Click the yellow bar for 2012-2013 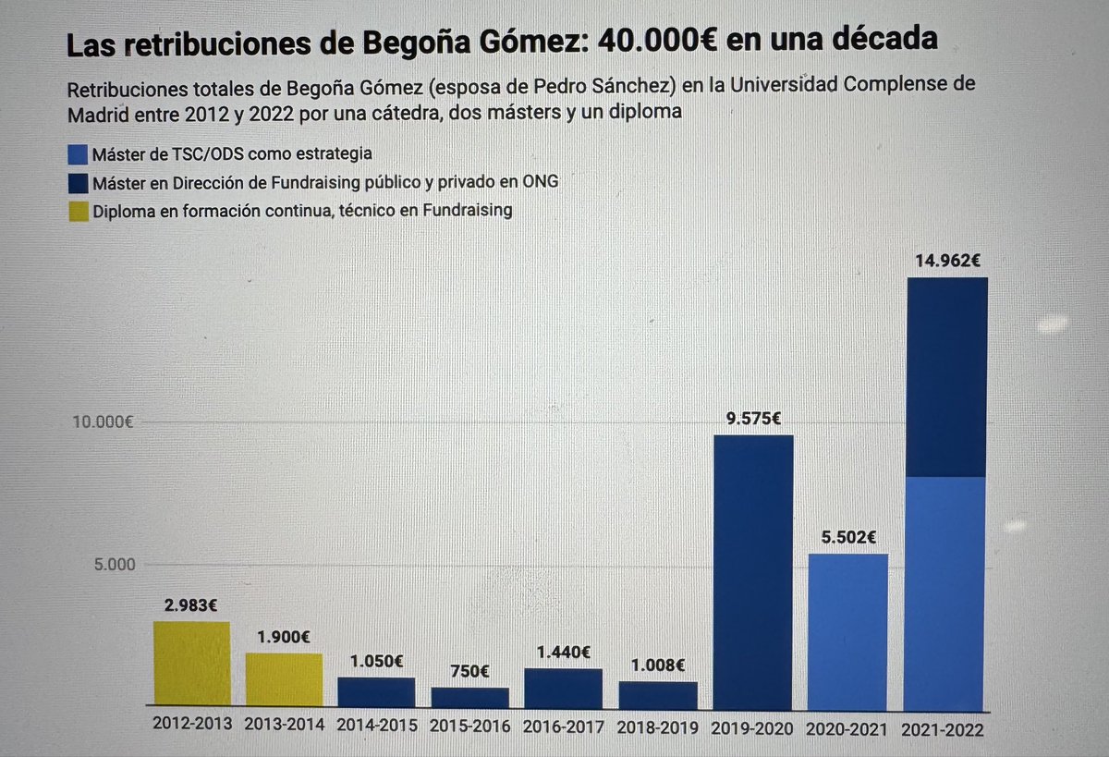tap(191, 665)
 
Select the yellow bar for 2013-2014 tap(284, 681)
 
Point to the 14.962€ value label tap(948, 261)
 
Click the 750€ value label tap(470, 671)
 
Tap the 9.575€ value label tap(753, 418)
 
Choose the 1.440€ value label tap(564, 652)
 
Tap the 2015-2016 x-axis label tap(470, 726)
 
